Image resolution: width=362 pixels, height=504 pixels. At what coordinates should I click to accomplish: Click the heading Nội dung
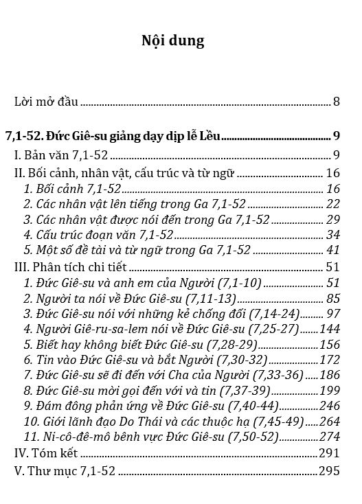172,41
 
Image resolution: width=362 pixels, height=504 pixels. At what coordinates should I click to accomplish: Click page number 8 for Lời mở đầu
337,102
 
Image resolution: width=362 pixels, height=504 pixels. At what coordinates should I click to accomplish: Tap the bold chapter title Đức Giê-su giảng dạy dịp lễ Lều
135,135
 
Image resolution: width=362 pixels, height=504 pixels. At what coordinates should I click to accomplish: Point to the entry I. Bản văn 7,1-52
62,154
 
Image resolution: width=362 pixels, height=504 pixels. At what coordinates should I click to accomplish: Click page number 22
334,203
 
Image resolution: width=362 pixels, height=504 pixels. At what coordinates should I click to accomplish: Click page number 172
330,360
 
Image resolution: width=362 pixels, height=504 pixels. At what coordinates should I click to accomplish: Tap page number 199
330,391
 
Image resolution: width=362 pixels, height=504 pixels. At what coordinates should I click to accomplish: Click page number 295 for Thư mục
330,471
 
